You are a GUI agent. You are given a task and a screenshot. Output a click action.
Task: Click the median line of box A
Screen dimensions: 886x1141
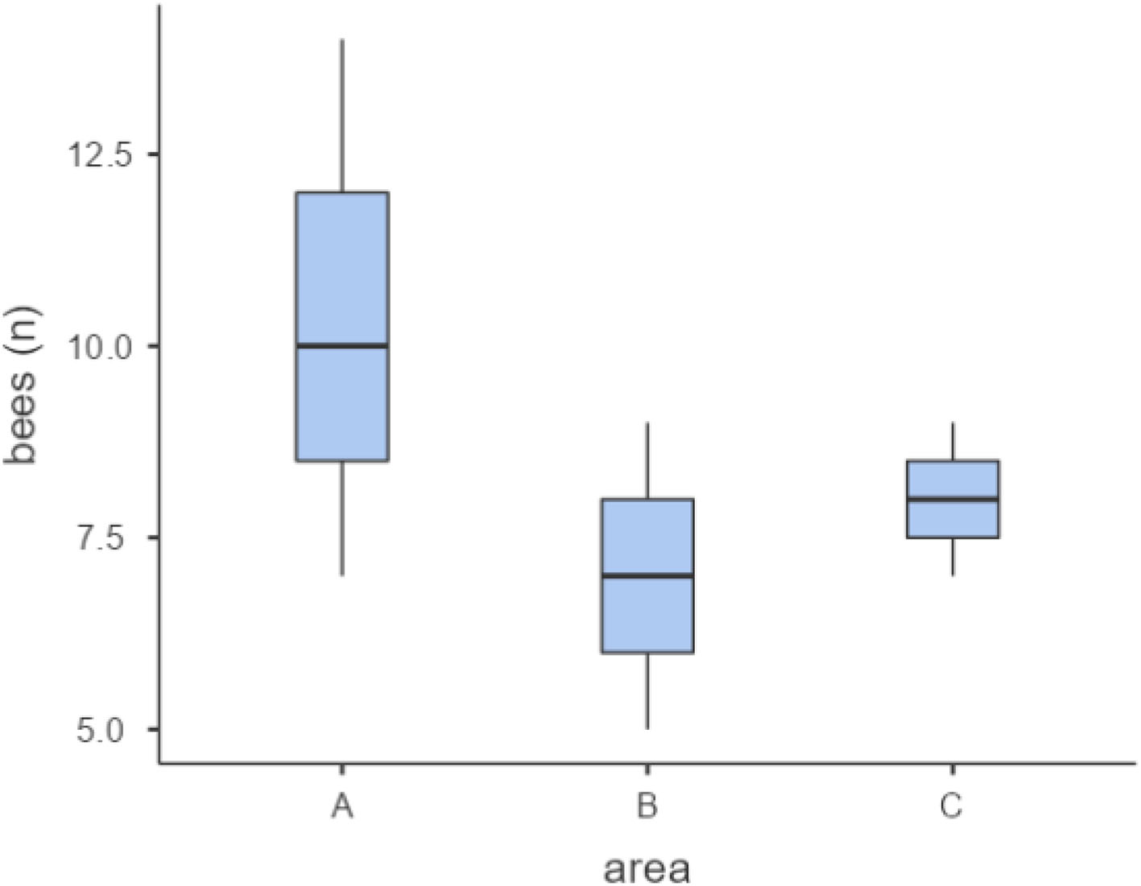pos(342,346)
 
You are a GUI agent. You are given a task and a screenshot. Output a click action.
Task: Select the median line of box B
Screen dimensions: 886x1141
pos(647,575)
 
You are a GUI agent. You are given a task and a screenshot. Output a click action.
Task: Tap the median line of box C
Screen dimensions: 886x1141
pos(953,499)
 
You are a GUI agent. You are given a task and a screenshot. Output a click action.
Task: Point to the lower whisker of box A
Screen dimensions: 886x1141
pos(342,518)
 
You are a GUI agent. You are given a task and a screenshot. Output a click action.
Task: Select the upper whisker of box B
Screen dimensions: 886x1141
pos(647,460)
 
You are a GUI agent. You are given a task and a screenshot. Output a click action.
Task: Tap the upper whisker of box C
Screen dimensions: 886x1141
pos(953,441)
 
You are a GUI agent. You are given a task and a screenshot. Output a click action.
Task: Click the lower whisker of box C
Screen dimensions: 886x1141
pos(953,556)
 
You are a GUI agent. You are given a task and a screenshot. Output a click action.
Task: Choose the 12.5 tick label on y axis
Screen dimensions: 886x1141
pos(98,155)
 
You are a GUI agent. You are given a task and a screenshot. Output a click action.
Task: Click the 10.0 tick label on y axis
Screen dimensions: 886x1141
pos(98,346)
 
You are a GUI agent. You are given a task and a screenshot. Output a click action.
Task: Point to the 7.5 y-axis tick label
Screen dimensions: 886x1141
pos(107,538)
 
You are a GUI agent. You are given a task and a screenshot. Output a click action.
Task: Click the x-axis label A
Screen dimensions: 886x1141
pos(342,806)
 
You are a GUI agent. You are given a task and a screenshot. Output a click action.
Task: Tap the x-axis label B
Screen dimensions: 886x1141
pos(647,806)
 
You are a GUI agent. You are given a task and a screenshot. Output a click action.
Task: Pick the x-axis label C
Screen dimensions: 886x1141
pos(952,806)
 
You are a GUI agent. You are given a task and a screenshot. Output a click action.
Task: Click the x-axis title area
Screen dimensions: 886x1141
pos(647,867)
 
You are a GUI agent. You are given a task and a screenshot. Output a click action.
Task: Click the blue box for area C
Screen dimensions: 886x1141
pos(953,519)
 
